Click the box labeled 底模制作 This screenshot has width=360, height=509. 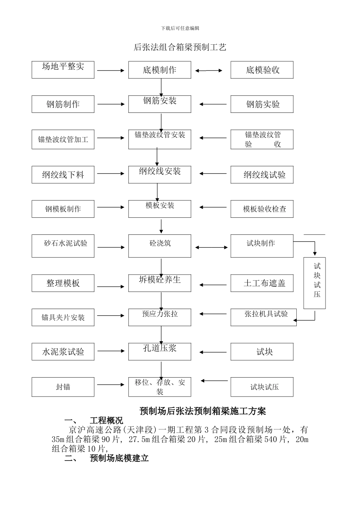(160, 70)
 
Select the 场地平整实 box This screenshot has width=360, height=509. (63, 70)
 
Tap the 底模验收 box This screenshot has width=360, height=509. (262, 70)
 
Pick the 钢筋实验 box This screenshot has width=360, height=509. (262, 104)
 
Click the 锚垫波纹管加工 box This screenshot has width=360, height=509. (63, 139)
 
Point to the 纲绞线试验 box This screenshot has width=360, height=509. (262, 175)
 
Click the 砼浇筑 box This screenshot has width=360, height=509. (160, 246)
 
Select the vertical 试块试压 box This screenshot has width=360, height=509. (314, 283)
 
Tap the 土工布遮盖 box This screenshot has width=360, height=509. (262, 283)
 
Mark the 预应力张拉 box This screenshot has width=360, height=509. (160, 317)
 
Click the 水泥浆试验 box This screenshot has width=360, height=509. (63, 351)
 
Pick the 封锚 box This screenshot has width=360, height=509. (63, 387)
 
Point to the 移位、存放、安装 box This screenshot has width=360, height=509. (160, 387)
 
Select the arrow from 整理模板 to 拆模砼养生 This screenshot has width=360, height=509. (111, 287)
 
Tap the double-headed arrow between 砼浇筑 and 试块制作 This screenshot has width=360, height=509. (211, 248)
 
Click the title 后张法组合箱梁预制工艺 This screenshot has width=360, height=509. (180, 47)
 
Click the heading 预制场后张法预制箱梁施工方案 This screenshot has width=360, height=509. (203, 411)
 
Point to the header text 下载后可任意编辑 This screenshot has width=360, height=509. (180, 28)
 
